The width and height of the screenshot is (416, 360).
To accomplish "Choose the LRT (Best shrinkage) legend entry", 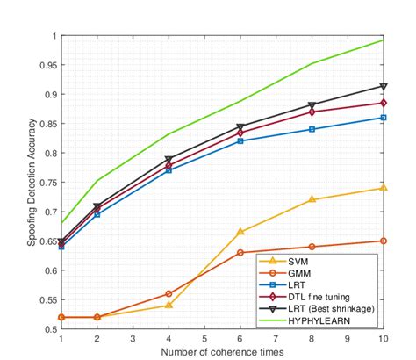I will [x=328, y=309].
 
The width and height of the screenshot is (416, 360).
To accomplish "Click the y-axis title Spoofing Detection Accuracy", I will [x=32, y=183].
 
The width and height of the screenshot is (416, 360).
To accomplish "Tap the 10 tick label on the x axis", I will [x=383, y=338].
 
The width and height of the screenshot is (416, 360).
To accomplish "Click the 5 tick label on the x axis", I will [x=204, y=338].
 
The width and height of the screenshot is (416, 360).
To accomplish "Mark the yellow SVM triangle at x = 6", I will [x=240, y=232].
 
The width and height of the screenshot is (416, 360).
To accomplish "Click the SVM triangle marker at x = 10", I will [x=383, y=188].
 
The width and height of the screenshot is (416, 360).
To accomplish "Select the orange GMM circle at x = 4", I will [x=169, y=294].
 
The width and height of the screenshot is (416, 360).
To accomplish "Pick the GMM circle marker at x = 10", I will [x=383, y=241].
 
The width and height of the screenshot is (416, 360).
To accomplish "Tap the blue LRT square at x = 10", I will [x=383, y=118].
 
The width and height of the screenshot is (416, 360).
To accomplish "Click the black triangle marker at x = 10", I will [x=383, y=86].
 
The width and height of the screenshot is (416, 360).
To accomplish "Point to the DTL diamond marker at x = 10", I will [x=383, y=103].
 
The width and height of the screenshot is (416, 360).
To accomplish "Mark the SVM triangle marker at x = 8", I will [x=312, y=199].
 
